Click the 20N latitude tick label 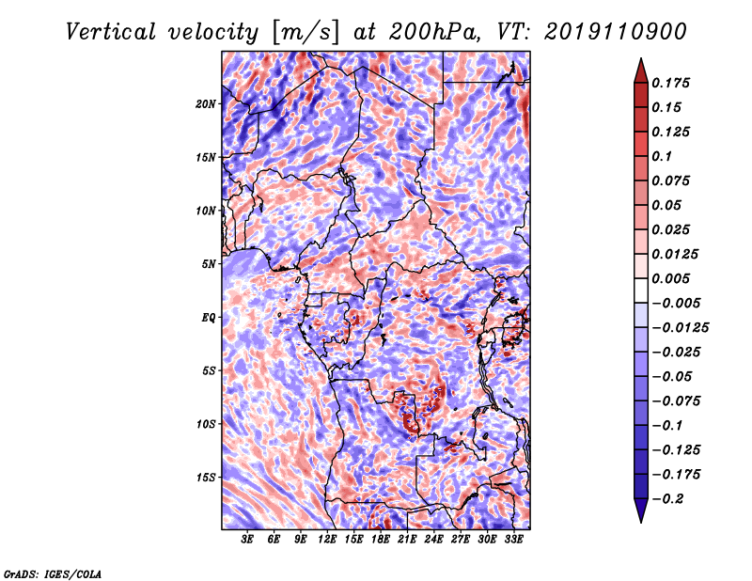206,104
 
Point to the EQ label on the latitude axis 209,318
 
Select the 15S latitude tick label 206,478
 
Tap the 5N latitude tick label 209,264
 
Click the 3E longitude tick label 247,539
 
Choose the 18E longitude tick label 381,539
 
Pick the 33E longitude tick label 513,539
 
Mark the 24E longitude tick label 433,539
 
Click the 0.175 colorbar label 670,83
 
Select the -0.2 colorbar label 667,499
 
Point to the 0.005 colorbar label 670,278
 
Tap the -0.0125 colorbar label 680,328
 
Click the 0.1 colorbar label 662,156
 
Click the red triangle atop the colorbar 641,71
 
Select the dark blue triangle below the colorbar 641,510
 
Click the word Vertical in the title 111,32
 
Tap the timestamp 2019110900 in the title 616,32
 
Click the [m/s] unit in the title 305,32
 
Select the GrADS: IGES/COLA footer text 53,573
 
